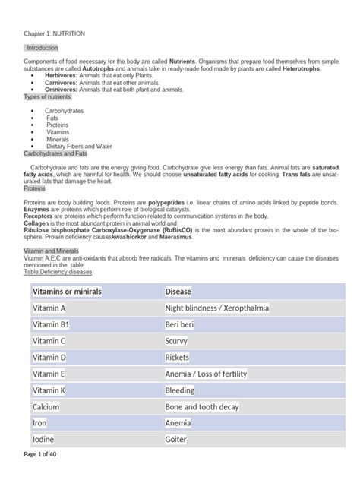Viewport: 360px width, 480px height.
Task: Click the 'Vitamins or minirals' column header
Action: click(x=67, y=292)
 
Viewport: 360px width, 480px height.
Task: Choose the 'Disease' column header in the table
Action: click(x=178, y=292)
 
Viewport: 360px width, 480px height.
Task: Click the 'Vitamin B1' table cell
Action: click(x=50, y=324)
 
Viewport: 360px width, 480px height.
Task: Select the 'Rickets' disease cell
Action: click(x=178, y=357)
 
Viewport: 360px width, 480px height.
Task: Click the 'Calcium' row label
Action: click(x=46, y=406)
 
